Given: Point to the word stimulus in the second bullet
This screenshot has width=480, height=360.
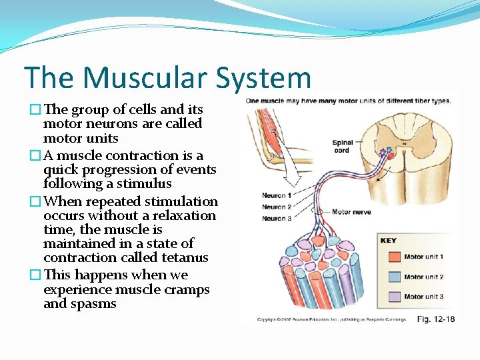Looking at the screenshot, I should point(144,183).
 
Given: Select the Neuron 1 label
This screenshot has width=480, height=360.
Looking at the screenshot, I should point(277,196).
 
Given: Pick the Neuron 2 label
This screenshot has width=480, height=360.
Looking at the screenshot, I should point(277,207).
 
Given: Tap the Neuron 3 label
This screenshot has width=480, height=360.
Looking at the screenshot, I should point(277,219).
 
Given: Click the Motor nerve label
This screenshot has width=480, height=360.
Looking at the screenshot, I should point(351,212).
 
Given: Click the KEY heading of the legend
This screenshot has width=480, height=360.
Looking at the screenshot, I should point(389,240).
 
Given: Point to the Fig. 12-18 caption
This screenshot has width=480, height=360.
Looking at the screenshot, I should point(436,319).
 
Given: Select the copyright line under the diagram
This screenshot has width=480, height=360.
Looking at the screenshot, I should point(331,320).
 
